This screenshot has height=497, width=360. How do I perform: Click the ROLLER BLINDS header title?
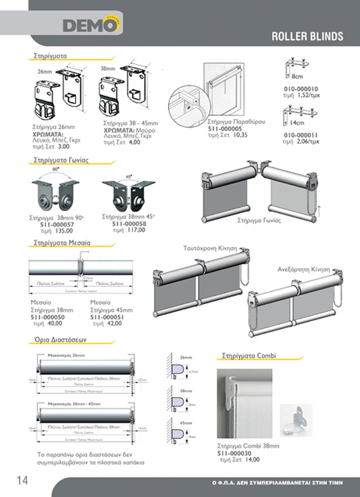[307, 36]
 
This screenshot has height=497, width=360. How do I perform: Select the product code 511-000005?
[225, 129]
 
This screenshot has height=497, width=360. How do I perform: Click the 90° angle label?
[56, 169]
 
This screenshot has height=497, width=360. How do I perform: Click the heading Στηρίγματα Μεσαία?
[62, 243]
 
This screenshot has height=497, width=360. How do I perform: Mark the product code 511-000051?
[107, 317]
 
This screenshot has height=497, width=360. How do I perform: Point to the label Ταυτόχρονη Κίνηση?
[210, 248]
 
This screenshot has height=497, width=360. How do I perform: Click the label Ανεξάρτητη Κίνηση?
[304, 269]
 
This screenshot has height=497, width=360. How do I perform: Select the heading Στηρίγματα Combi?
[249, 355]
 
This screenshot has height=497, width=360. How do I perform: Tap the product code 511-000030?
[234, 453]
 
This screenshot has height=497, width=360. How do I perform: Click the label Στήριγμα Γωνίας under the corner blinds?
[259, 220]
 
